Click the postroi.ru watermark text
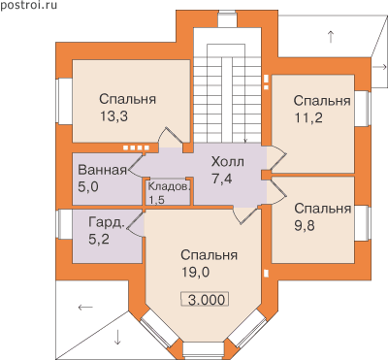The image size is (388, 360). pos(28,5)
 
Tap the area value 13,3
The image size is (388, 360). pos(113,116)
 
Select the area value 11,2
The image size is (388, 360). pos(308,118)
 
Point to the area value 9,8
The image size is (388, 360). pos(305,225)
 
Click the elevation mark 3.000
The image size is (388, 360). pos(207,300)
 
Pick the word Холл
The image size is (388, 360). pos(227,162)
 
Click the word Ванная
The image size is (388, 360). pos(103,170)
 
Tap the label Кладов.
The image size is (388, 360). pos(170,187)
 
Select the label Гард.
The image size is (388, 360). pos(107,222)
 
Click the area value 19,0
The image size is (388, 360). pos(195,273)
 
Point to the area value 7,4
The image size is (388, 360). pos(222,179)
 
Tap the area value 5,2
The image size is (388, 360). pos(98,240)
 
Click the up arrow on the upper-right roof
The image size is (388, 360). pos(331,37)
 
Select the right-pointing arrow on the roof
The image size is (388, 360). pos(379,67)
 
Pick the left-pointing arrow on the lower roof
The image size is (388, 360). pos(85,307)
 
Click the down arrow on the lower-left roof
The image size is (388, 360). pos(117,337)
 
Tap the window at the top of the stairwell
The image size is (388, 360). pos(227,19)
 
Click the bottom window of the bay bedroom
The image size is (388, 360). pos(204,350)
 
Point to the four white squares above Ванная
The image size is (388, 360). pos(136,147)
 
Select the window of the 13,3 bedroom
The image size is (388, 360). pos(61,101)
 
